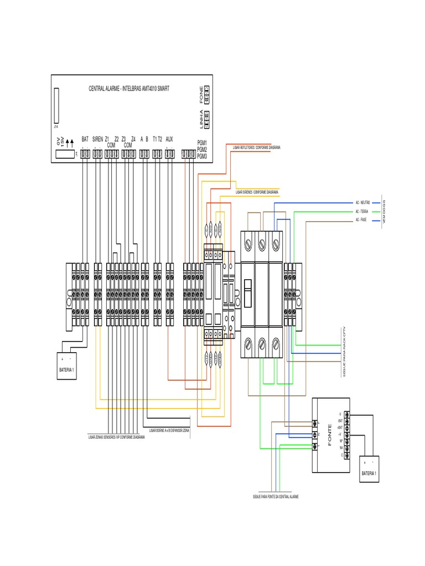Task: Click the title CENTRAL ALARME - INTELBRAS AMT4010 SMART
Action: (x=129, y=88)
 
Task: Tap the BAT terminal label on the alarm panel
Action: (x=85, y=139)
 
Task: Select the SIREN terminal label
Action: (x=97, y=139)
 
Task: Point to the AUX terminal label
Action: (x=169, y=139)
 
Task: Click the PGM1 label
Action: (x=202, y=143)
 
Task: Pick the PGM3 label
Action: (x=202, y=156)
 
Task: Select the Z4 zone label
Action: (x=133, y=139)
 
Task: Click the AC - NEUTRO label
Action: (x=364, y=203)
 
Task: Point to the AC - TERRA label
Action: (x=363, y=212)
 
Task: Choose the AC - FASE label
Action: (x=362, y=220)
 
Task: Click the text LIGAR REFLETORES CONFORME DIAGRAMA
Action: (x=253, y=148)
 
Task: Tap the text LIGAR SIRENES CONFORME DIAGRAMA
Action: (x=256, y=193)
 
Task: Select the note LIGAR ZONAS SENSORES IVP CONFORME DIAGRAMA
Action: (x=116, y=437)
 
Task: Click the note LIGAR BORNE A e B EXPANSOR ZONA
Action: (x=168, y=429)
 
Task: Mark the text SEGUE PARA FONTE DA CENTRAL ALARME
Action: (x=276, y=497)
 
